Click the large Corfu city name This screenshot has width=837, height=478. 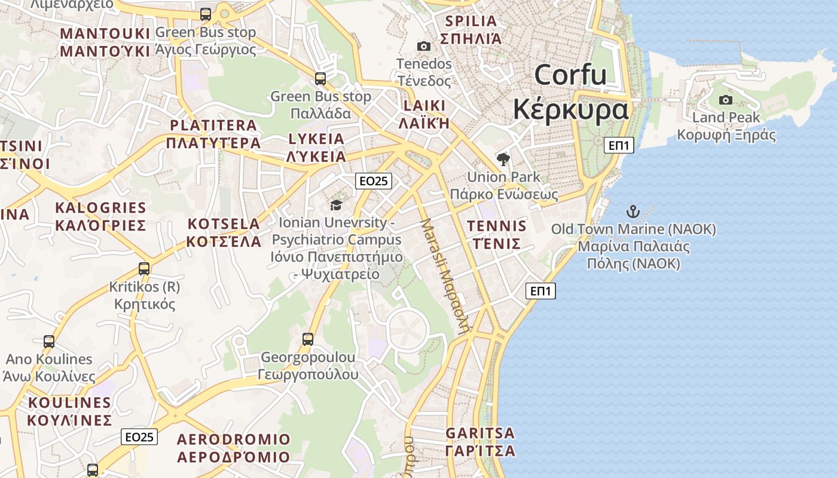pos(570,75)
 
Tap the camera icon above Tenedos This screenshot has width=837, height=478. pos(423,46)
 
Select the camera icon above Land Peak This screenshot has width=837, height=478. pos(726,100)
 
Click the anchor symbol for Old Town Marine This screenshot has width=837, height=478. pos(633,212)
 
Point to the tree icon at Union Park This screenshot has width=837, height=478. pos(503,159)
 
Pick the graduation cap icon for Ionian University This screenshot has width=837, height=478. pos(336,206)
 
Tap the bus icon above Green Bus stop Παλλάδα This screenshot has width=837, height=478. pos(320,78)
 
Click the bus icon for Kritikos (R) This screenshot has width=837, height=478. pos(144,269)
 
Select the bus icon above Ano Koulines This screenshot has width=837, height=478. pos(49,342)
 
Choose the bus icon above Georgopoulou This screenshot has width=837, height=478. pos(308,339)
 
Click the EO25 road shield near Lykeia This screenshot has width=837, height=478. pos(373,181)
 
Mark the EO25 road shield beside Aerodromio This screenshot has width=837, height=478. pos(139,437)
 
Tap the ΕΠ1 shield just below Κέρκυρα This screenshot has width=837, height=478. pos(618,145)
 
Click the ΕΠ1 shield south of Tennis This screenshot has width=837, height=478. pos(540,291)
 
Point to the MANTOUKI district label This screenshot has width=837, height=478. pos(105,33)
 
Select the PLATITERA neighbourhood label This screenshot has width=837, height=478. pos(213,125)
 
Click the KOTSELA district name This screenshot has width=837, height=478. pos(224,224)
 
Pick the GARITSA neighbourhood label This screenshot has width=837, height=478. pos(480,433)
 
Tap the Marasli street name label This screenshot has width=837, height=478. pos(445,275)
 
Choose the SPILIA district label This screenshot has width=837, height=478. pos(471,21)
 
